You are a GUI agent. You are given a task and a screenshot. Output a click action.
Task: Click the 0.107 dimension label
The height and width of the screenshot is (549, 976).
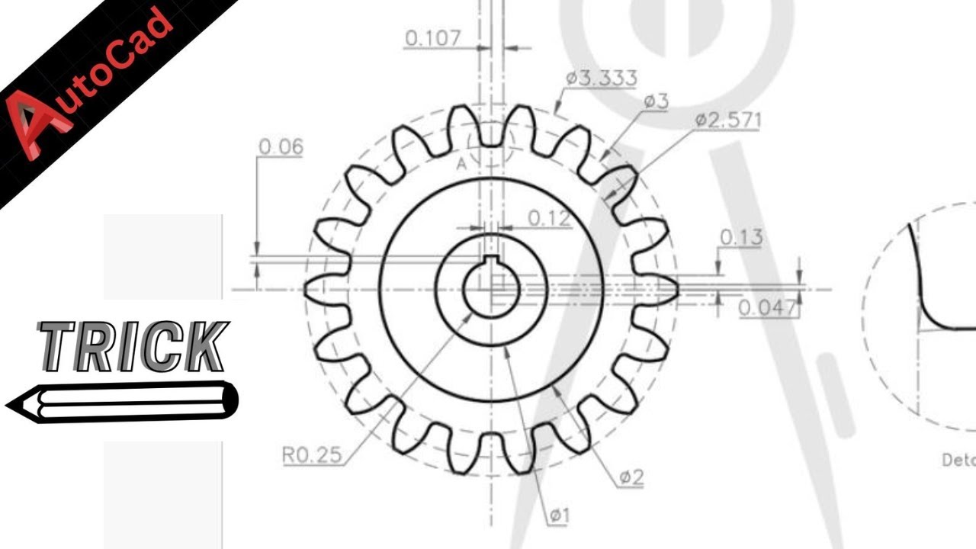tap(433, 39)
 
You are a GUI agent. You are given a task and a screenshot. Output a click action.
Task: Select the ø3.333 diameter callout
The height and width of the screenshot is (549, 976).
tap(601, 78)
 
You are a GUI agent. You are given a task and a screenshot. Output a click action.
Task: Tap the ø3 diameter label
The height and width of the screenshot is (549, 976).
tap(656, 101)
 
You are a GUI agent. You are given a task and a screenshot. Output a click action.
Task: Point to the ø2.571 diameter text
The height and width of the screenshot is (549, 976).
tap(727, 120)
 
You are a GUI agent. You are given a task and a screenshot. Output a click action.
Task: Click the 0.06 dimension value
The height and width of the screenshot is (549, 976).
tap(281, 147)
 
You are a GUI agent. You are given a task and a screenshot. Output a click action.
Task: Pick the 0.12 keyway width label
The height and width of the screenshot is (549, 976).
tap(549, 219)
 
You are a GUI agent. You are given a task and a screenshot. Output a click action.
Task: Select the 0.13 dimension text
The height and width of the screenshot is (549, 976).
tap(740, 238)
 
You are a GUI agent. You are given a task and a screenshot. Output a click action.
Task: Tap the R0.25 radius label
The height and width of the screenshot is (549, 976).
tap(311, 455)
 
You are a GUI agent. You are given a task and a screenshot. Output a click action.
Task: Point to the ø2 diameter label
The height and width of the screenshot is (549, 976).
tap(631, 478)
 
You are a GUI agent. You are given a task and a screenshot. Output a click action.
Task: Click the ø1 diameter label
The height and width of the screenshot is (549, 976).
tap(559, 516)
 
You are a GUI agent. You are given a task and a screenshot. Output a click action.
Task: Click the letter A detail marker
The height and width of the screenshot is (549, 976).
tap(461, 163)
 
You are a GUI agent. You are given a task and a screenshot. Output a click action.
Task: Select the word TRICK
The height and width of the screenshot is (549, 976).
tap(133, 347)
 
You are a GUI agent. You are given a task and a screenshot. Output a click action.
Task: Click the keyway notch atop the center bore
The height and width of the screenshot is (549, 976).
tap(492, 262)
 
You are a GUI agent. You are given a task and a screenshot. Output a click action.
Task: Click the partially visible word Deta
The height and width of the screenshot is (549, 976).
tap(958, 460)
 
